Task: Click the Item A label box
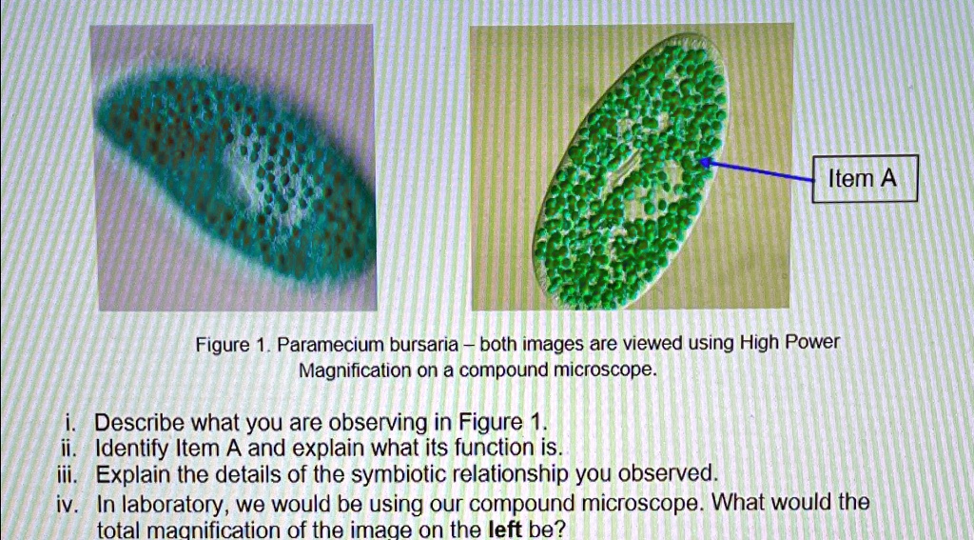point(864,178)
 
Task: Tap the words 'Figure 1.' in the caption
point(222,343)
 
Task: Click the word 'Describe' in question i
point(141,422)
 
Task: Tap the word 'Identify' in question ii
point(136,448)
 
